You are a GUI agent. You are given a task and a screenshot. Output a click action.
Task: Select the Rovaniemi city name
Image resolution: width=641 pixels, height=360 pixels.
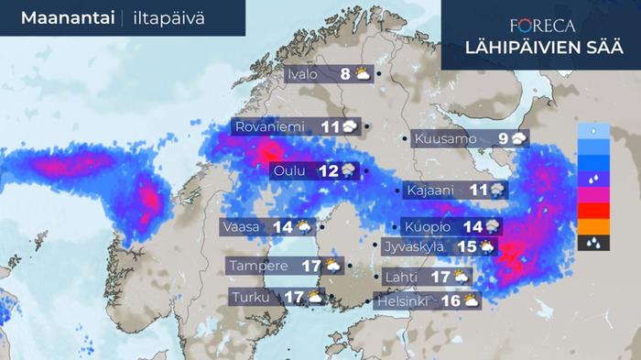tap(270, 127)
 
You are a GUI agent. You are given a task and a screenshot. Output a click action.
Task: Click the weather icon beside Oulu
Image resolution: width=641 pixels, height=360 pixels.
tap(351, 170)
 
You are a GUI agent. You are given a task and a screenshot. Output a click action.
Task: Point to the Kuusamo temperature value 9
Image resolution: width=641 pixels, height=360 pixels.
tap(503, 139)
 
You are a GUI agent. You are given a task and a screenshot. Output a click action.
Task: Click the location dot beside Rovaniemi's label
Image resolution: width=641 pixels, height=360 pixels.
tap(367, 127)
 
